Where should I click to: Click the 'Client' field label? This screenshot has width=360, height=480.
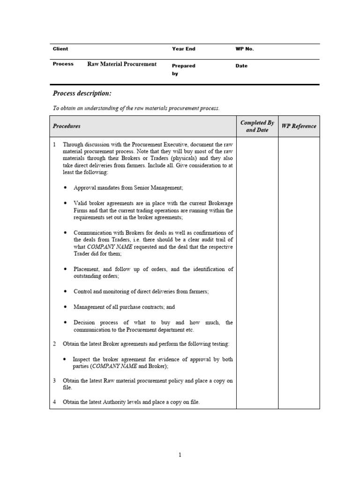[x=60, y=49]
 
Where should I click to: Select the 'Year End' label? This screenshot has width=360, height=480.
[x=183, y=49]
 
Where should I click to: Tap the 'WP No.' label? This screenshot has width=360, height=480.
[x=244, y=49]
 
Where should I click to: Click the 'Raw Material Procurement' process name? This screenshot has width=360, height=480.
[x=122, y=64]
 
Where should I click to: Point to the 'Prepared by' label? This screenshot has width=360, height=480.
[x=183, y=69]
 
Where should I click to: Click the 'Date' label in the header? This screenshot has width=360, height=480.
[x=241, y=66]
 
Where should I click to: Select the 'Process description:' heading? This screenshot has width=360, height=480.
[x=82, y=93]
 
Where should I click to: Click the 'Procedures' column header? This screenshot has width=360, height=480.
[x=67, y=126]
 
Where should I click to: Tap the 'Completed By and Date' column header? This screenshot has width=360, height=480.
[x=257, y=126]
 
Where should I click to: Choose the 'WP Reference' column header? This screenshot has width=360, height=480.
[x=299, y=126]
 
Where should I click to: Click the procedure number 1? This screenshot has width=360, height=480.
[x=54, y=145]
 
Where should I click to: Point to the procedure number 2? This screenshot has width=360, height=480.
[x=54, y=344]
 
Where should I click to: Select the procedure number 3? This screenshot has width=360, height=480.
[x=54, y=381]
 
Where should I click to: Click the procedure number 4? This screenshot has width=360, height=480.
[x=54, y=402]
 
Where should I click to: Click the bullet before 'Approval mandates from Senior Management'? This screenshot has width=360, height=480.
[x=65, y=188]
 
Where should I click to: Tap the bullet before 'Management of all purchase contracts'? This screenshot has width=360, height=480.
[x=65, y=307]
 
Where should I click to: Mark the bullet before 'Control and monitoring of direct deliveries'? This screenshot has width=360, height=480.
[x=65, y=292]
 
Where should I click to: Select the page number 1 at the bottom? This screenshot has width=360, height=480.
[x=180, y=454]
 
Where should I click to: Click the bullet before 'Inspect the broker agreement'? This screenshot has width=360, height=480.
[x=65, y=360]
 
